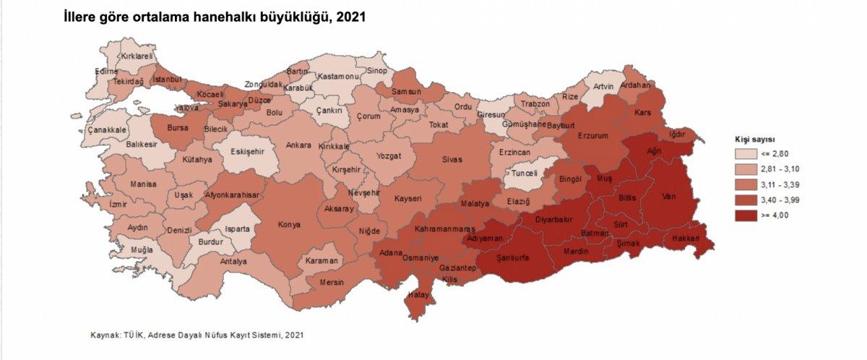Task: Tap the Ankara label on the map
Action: [x=298, y=145]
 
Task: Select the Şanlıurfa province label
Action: [x=515, y=257]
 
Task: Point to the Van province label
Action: [x=670, y=195]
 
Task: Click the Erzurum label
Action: [x=592, y=135]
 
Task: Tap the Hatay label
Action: [x=419, y=295]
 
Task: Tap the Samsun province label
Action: [x=406, y=93]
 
